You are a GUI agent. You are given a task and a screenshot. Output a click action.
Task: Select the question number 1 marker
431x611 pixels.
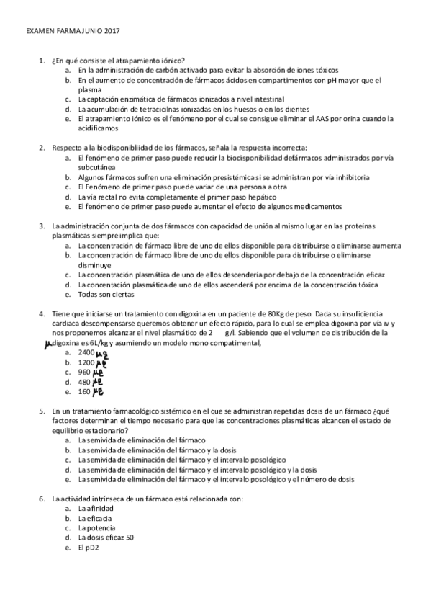tap(42, 61)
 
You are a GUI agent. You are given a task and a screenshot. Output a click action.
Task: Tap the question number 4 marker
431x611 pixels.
tap(42, 313)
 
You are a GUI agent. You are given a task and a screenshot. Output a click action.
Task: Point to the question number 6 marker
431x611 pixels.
tap(42, 499)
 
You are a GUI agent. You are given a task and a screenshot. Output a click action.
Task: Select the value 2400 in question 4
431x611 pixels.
tap(86, 353)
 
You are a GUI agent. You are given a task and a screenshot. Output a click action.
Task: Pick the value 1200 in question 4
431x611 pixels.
tap(86, 362)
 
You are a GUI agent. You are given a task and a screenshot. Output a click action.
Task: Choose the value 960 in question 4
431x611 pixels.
tap(84, 372)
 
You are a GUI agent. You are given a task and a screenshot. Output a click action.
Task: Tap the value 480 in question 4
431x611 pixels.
tap(84, 382)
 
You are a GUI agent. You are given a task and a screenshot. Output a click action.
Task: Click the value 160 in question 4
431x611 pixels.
tap(84, 392)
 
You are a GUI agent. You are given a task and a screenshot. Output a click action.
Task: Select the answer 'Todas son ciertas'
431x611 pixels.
tap(104, 295)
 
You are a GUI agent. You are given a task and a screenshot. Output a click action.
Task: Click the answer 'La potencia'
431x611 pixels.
tap(98, 527)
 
